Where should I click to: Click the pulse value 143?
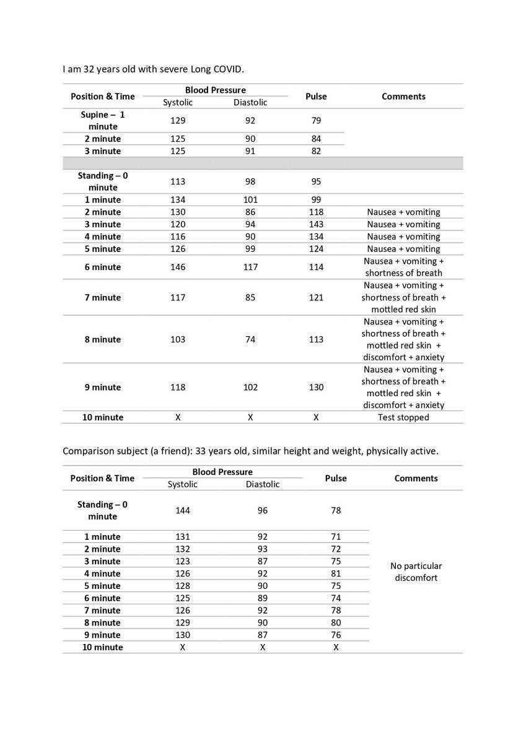[316, 224]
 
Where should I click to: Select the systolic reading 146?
[178, 267]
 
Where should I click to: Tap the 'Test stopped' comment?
[403, 417]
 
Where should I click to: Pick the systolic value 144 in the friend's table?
[183, 510]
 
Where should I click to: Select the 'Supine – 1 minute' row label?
[103, 120]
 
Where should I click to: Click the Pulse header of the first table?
[316, 96]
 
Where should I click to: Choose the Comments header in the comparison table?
[416, 478]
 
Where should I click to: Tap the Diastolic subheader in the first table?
[250, 102]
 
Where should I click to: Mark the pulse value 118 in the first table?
[316, 212]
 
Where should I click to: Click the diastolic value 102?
[250, 387]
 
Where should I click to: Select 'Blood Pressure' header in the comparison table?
[222, 472]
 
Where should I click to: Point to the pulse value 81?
[336, 573]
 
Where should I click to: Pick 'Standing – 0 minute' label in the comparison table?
[103, 510]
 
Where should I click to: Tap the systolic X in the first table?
[178, 417]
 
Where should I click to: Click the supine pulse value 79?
[316, 120]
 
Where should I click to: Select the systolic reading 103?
[178, 339]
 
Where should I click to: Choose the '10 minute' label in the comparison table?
[103, 647]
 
